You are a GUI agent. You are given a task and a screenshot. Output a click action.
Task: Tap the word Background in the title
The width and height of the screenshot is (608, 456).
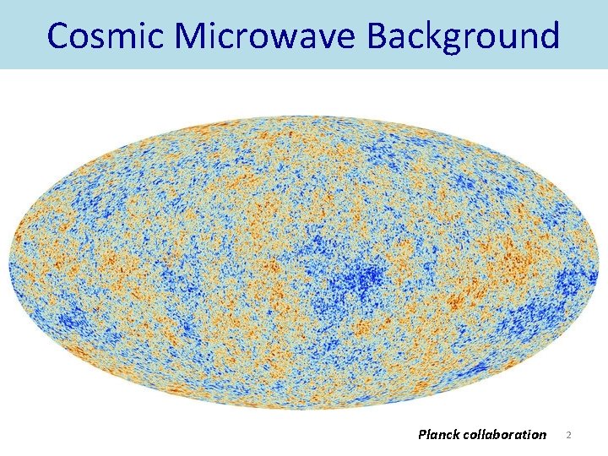[463, 35]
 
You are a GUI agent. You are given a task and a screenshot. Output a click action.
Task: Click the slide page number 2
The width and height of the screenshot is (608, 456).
[569, 435]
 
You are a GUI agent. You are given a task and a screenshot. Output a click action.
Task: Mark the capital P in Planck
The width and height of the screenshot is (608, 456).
[422, 434]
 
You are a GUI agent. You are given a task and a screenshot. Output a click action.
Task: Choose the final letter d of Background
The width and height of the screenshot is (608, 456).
[547, 35]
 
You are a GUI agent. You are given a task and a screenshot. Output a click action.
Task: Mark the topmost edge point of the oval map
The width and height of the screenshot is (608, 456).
[304, 115]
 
